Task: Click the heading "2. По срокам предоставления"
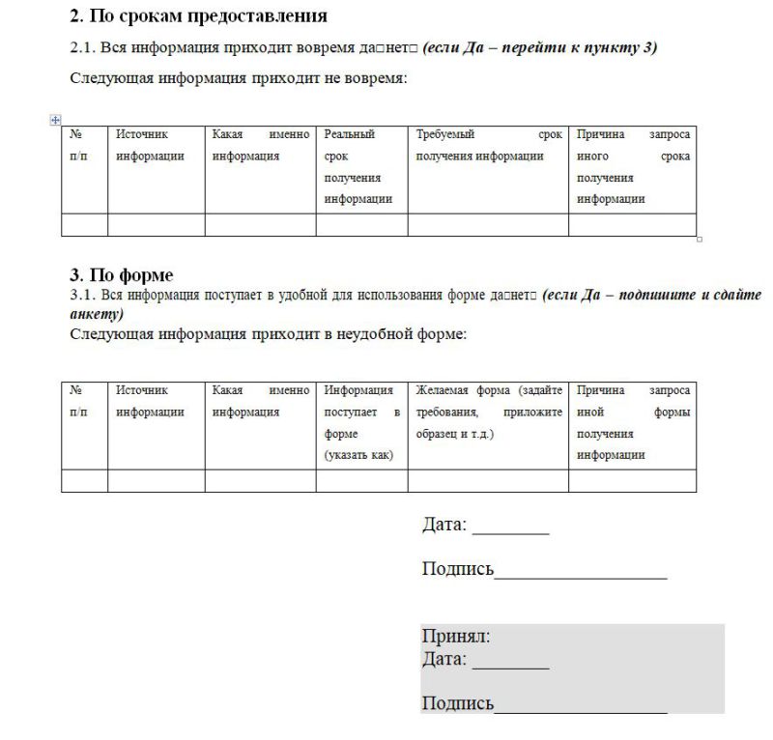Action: pos(198,16)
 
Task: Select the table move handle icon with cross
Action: pos(55,120)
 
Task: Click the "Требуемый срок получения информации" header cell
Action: pos(487,146)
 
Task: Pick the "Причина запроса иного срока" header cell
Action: pos(632,167)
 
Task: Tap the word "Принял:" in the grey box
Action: pos(456,637)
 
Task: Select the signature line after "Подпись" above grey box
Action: pos(580,574)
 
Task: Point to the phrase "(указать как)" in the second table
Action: pos(358,455)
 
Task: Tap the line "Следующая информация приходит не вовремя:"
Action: pos(239,78)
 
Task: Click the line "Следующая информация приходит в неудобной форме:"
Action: pos(269,334)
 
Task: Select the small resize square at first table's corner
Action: pos(700,239)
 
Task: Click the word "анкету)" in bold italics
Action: pos(98,314)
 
